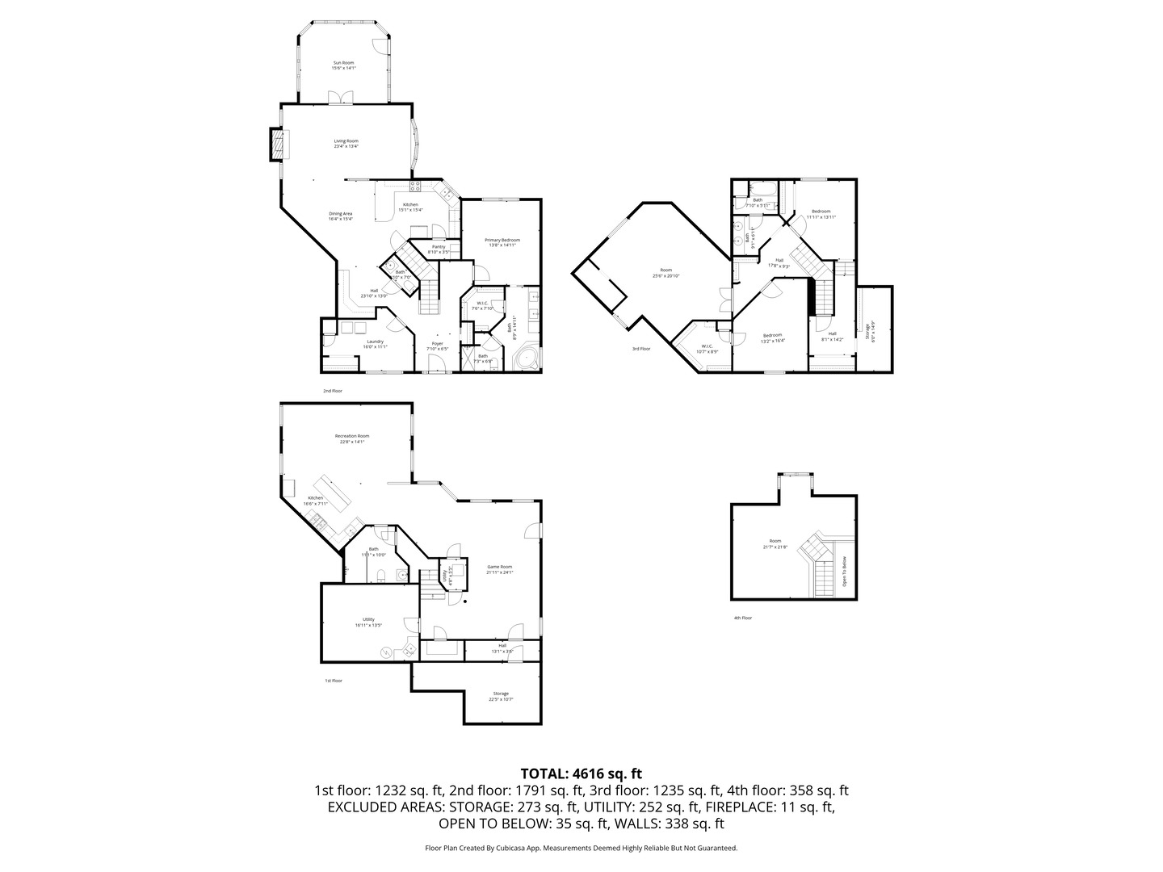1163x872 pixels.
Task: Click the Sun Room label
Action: pyautogui.click(x=343, y=65)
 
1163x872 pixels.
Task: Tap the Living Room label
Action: pyautogui.click(x=346, y=144)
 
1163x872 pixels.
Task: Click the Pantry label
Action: pyautogui.click(x=439, y=249)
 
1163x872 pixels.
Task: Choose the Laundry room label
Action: pyautogui.click(x=375, y=344)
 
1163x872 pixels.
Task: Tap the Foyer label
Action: pyautogui.click(x=437, y=346)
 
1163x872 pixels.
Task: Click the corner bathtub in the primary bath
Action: pyautogui.click(x=527, y=358)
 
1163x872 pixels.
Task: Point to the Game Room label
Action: pyautogui.click(x=500, y=569)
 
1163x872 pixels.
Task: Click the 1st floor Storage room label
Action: pyautogui.click(x=501, y=696)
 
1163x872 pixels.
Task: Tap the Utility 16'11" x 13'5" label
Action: pyautogui.click(x=368, y=622)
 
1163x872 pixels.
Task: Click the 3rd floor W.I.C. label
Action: pyautogui.click(x=707, y=348)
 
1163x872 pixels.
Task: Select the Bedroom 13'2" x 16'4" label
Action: pyautogui.click(x=772, y=337)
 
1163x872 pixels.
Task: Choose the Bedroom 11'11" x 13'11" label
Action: pyautogui.click(x=821, y=214)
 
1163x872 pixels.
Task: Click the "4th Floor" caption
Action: pyautogui.click(x=742, y=618)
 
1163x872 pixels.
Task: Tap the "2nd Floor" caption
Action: pyautogui.click(x=333, y=391)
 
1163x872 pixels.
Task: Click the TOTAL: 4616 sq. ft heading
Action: pyautogui.click(x=581, y=773)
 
